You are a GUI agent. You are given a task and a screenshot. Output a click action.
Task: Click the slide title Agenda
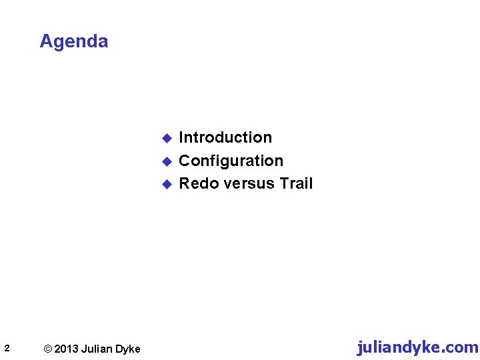pos(73,41)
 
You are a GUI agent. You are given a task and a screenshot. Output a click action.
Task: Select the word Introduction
pos(225,137)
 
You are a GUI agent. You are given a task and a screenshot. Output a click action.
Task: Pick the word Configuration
pos(231,161)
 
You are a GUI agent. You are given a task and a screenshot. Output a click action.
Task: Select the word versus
pos(247,183)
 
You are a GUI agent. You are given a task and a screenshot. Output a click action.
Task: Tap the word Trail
pos(296,183)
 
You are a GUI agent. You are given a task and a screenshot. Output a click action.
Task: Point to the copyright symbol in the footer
pos(47,349)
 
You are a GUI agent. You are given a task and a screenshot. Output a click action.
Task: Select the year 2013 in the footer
pos(65,349)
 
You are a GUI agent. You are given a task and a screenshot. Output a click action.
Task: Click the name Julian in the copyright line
pos(97,349)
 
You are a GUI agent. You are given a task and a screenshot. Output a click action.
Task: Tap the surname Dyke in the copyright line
pos(127,349)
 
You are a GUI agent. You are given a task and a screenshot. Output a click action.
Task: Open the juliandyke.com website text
pos(417,347)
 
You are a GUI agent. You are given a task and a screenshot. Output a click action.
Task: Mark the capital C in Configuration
pos(185,161)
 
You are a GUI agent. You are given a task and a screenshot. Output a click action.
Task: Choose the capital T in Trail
pos(284,183)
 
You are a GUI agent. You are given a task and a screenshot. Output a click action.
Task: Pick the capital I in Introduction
pos(181,137)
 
